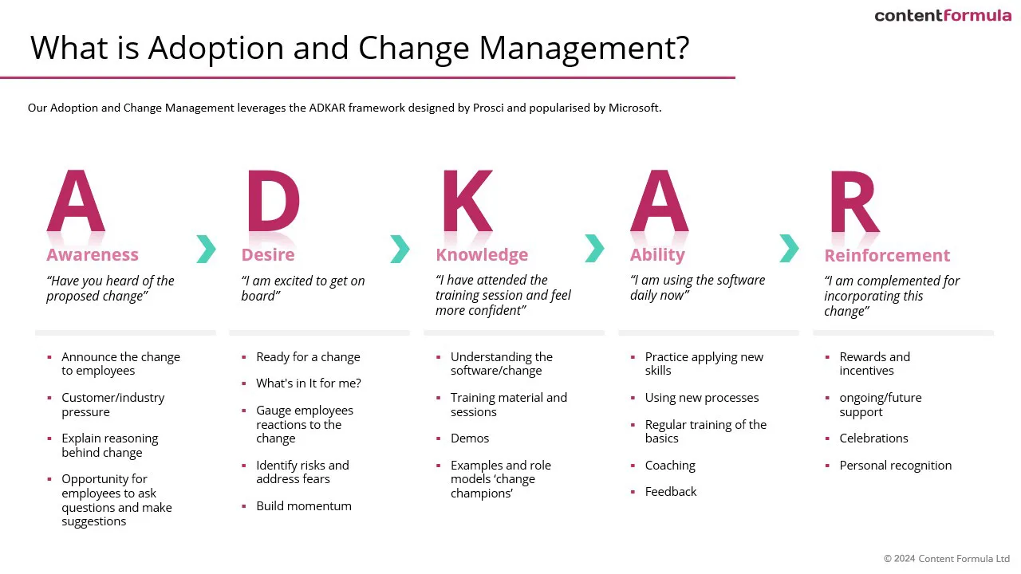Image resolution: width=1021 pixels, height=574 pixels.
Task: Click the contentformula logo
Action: pyautogui.click(x=943, y=15)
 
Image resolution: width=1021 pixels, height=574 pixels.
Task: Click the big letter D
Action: pyautogui.click(x=274, y=200)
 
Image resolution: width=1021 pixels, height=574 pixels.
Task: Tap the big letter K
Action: pyautogui.click(x=467, y=200)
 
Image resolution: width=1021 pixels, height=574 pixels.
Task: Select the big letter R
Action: pyautogui.click(x=855, y=202)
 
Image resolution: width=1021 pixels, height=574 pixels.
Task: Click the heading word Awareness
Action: pyautogui.click(x=93, y=254)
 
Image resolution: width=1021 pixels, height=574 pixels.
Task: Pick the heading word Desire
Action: pyautogui.click(x=268, y=254)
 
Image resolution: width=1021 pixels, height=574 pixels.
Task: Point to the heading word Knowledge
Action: pyautogui.click(x=482, y=254)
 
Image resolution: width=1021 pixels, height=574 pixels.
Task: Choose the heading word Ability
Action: pyautogui.click(x=657, y=254)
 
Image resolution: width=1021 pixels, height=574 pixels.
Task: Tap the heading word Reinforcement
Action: pyautogui.click(x=887, y=256)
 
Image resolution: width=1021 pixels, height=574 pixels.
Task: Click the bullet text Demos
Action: pyautogui.click(x=470, y=438)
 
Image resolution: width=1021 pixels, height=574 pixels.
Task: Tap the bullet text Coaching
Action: pyautogui.click(x=670, y=466)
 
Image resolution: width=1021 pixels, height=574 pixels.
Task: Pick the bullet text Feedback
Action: pyautogui.click(x=671, y=492)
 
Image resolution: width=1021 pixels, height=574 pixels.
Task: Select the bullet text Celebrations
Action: pyautogui.click(x=873, y=438)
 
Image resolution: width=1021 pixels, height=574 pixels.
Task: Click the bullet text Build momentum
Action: pyautogui.click(x=304, y=506)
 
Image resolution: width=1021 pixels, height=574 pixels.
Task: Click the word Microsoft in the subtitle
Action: pyautogui.click(x=634, y=108)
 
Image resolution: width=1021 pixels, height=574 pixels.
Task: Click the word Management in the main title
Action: pyautogui.click(x=584, y=48)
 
